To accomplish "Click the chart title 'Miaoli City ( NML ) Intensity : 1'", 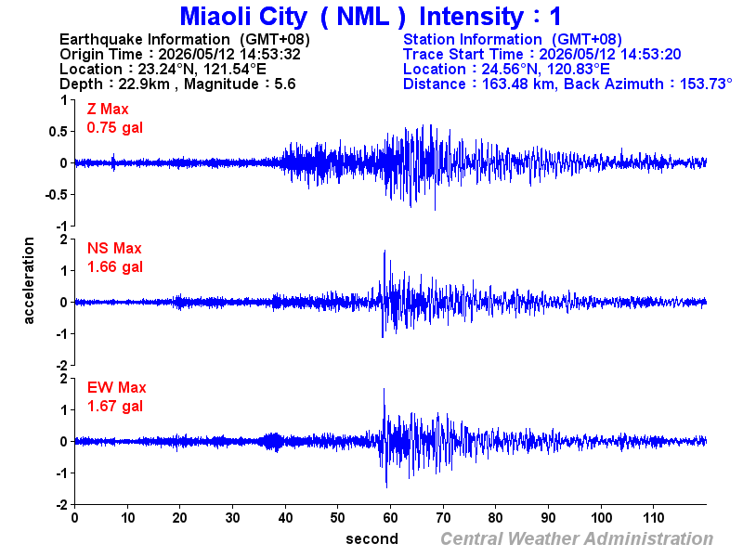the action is point(371,17).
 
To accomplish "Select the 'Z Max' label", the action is point(108,110).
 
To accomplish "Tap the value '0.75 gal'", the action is point(114,128).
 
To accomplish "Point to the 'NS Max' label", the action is point(114,248).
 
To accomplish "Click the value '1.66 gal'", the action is point(114,267).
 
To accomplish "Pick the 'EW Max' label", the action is point(117,387).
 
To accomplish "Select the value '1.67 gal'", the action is point(114,407).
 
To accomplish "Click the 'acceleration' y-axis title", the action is point(29,280).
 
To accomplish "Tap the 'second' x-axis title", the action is point(372,539).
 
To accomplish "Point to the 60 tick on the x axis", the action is point(390,518).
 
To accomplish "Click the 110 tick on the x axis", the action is point(654,518).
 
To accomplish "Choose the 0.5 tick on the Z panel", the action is point(58,132).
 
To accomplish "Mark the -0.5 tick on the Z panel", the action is point(56,195).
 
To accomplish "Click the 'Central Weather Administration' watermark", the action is point(577,539).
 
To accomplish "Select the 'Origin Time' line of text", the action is point(180,55).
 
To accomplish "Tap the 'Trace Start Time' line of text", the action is point(542,55).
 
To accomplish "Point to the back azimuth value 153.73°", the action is point(706,84).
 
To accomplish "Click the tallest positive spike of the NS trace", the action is point(385,251).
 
